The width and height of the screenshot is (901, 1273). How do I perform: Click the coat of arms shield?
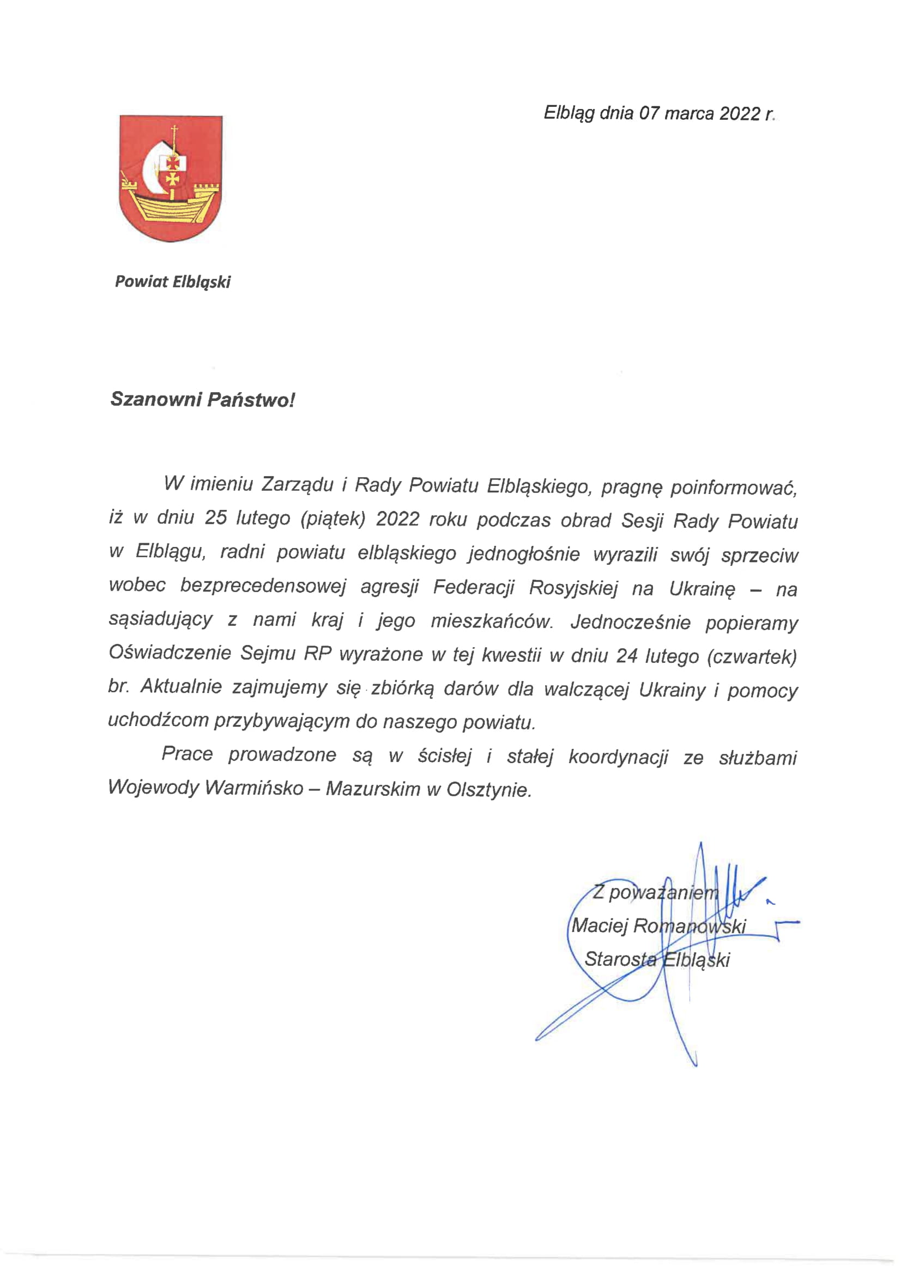pyautogui.click(x=171, y=178)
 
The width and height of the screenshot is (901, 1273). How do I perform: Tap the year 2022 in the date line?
pyautogui.click(x=740, y=114)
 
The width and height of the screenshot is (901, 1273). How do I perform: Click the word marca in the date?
pyautogui.click(x=688, y=114)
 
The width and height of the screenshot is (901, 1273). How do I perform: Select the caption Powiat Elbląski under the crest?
pyautogui.click(x=173, y=282)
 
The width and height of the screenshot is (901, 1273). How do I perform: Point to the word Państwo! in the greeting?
pyautogui.click(x=251, y=399)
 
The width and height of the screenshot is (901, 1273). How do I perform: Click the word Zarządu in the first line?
pyautogui.click(x=297, y=485)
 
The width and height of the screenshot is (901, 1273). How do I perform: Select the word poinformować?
pyautogui.click(x=734, y=488)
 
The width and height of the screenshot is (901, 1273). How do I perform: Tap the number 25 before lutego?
pyautogui.click(x=215, y=518)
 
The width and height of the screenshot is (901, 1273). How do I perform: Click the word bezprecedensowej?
pyautogui.click(x=263, y=586)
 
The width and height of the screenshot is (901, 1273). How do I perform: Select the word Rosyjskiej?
pyautogui.click(x=573, y=588)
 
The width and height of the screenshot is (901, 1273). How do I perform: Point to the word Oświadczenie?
pyautogui.click(x=170, y=653)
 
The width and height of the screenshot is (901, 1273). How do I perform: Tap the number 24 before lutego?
pyautogui.click(x=627, y=656)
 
